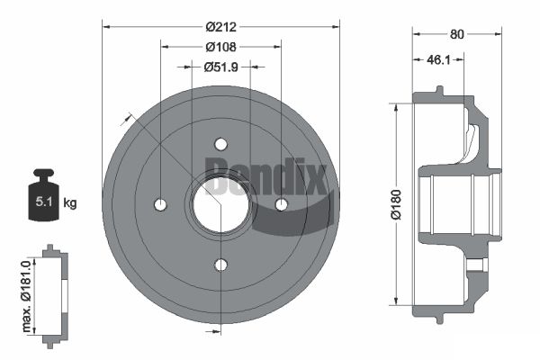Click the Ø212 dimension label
221,27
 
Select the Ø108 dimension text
221,47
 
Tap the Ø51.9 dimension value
221,67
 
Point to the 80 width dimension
456,34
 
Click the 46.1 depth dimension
438,60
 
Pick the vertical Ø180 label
396,204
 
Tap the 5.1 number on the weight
44,202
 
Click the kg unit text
70,202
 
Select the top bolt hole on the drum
220,144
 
